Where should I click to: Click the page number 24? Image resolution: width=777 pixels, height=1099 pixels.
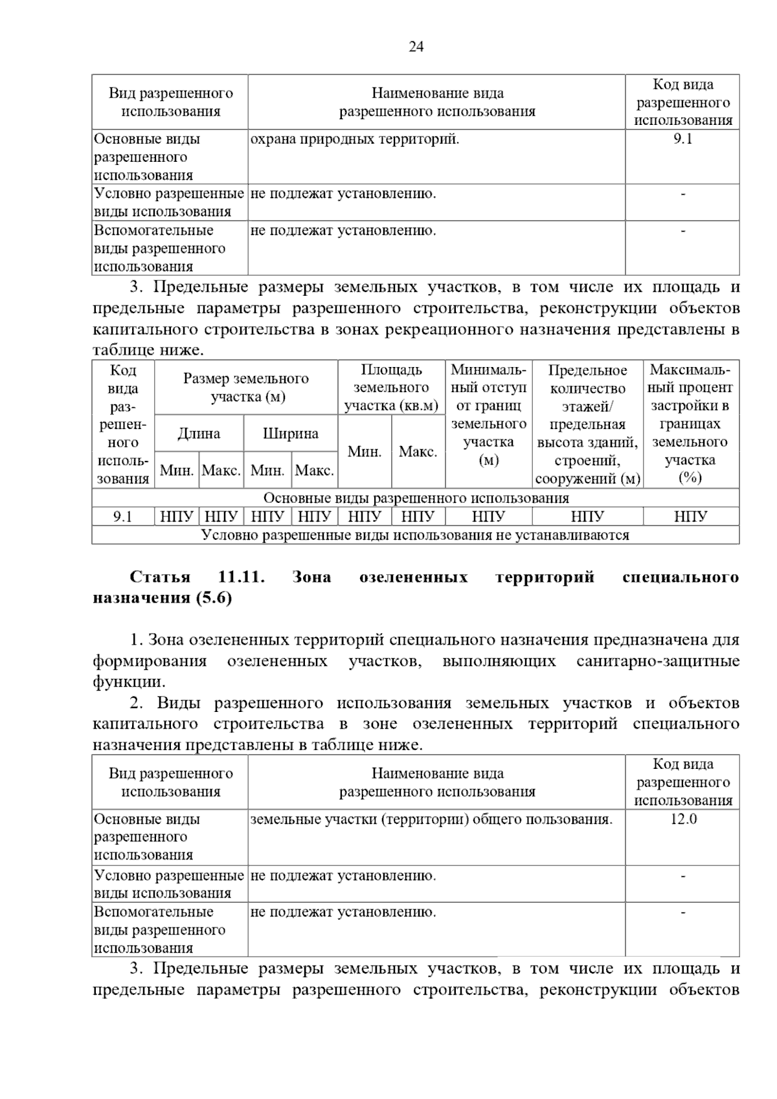416,47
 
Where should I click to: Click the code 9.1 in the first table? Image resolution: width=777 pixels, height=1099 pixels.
682,139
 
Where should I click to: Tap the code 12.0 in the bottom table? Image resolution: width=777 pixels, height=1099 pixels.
683,819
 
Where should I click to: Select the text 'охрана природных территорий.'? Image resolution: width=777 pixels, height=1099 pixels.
354,139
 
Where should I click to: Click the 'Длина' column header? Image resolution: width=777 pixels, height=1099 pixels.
199,434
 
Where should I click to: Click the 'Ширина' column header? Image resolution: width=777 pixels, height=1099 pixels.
290,434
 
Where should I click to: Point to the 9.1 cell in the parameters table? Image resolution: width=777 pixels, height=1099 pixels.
122,516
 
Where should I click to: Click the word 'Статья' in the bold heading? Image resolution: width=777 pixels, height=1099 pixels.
160,577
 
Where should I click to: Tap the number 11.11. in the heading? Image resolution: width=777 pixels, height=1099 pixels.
242,577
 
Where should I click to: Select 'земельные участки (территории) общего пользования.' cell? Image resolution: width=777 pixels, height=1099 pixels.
431,819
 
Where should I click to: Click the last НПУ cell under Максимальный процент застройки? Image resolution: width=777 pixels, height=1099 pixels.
690,516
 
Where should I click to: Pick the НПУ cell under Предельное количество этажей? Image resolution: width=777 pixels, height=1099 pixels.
587,516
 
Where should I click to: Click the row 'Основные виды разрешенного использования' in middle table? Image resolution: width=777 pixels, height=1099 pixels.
416,498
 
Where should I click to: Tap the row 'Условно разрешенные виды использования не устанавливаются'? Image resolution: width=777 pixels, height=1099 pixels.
416,535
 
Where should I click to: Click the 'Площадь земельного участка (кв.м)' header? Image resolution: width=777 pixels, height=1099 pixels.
391,388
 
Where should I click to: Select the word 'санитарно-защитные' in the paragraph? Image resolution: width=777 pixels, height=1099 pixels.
657,661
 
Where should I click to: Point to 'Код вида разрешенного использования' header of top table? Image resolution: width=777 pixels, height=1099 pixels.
682,102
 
